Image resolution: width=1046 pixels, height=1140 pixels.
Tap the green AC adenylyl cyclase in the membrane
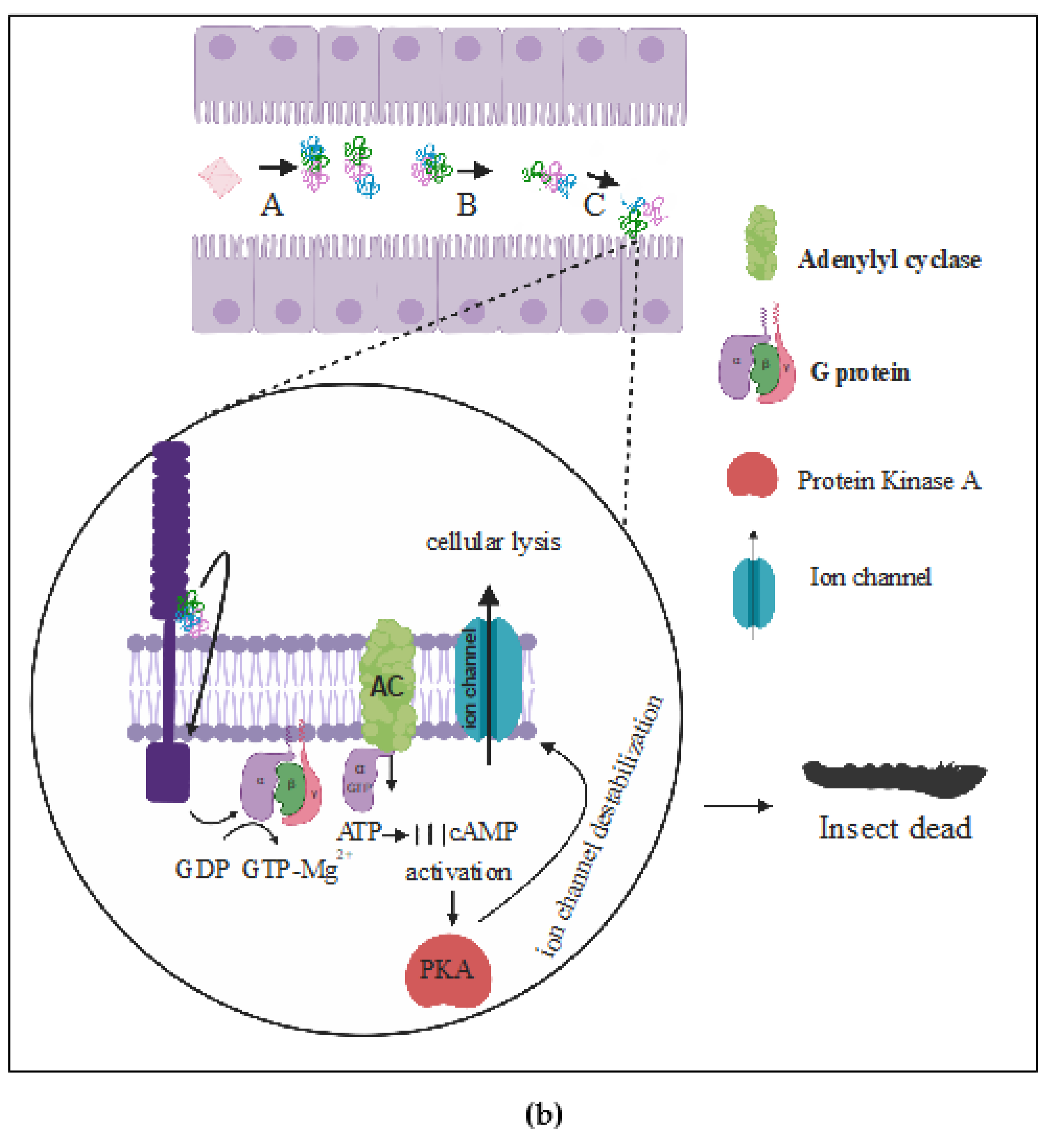(388, 686)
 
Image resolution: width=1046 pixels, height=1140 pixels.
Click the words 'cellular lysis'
(493, 542)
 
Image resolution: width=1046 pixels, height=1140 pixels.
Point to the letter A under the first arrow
(272, 205)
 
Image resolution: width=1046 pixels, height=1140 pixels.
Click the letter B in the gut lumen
(467, 205)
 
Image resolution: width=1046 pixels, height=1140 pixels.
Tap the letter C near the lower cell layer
(594, 205)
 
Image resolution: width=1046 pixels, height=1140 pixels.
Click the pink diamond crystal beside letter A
(220, 178)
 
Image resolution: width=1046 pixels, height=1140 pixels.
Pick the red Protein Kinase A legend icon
(751, 475)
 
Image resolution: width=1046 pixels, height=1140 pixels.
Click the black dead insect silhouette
(894, 779)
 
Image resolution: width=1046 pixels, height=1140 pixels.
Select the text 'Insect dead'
(895, 828)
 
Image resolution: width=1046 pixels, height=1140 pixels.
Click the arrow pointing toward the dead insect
(738, 805)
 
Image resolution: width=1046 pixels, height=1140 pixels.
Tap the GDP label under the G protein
(202, 869)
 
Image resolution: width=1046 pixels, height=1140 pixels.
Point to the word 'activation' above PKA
(459, 872)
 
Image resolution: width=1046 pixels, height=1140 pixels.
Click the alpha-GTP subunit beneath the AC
(359, 778)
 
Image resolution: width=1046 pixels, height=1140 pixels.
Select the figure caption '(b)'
(543, 1113)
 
